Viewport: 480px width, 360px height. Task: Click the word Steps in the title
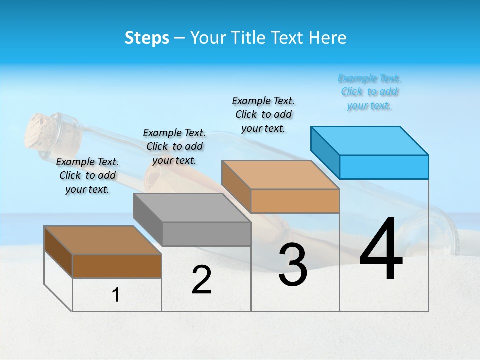[147, 38]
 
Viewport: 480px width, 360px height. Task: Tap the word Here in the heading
[327, 38]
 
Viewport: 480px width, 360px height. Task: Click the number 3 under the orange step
[293, 265]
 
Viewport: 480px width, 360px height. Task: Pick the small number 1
[116, 295]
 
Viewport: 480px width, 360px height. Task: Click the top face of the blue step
[369, 140]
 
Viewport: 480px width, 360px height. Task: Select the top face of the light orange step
[280, 174]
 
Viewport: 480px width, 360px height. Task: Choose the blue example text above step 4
[369, 92]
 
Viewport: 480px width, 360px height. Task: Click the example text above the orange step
[263, 114]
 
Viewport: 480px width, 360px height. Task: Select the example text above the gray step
[174, 146]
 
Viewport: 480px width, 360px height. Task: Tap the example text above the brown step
[87, 175]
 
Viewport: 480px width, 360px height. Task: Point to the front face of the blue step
[384, 167]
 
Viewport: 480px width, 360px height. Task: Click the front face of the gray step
[207, 234]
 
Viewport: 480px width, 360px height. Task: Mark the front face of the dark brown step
[117, 266]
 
